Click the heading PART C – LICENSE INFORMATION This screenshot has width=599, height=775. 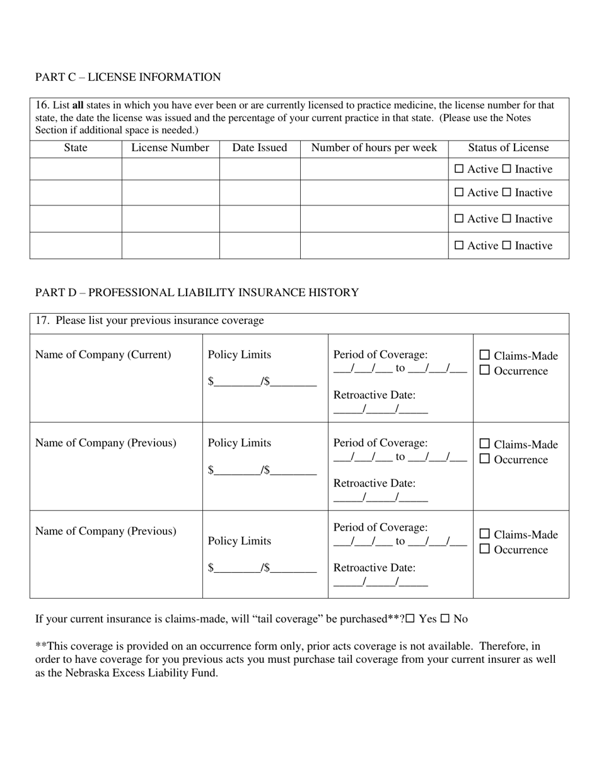[128, 77]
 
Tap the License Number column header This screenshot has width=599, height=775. [170, 148]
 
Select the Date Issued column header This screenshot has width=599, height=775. [259, 148]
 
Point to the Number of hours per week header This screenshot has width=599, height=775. [374, 148]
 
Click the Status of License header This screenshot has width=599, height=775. [508, 148]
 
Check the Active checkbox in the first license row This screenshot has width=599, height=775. [459, 169]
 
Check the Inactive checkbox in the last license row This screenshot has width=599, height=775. [506, 245]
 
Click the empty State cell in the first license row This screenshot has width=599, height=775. [76, 169]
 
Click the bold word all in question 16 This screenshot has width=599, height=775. [78, 105]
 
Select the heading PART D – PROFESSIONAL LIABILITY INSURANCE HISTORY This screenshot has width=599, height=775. [197, 293]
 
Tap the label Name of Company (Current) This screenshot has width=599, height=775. [103, 355]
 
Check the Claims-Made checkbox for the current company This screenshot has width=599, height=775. [485, 355]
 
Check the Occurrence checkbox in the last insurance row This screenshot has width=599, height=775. [485, 549]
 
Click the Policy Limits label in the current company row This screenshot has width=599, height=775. [240, 355]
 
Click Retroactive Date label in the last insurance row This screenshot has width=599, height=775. [374, 568]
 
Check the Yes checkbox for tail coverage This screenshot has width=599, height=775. [410, 619]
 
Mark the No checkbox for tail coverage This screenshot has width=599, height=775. [445, 619]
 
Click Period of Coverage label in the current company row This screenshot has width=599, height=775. [380, 355]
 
